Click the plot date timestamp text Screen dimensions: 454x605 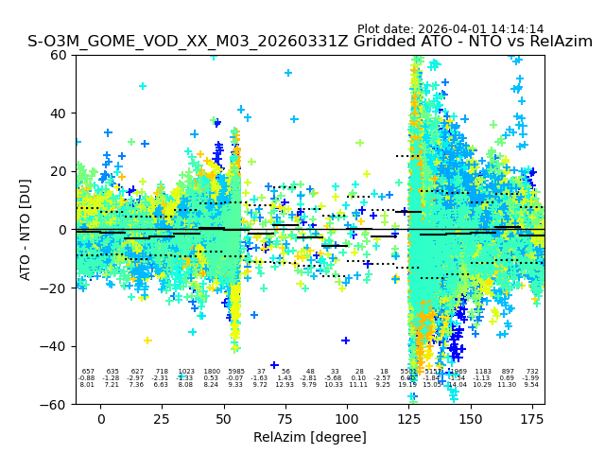pos(450,29)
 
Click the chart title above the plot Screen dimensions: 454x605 pos(310,42)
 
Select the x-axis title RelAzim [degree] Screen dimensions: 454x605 pos(310,437)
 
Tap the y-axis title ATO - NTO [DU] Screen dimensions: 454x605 pos(26,230)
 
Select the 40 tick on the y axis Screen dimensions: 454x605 pos(59,113)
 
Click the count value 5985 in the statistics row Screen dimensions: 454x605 pos(235,372)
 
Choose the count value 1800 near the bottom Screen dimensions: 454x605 pos(211,372)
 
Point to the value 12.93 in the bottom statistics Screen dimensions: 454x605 pos(285,385)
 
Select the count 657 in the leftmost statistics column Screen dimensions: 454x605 pos(88,372)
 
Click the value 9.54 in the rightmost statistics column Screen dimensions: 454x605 pos(532,385)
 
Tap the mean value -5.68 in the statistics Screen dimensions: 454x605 pos(334,378)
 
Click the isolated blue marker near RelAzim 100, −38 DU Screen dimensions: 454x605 pos(346,340)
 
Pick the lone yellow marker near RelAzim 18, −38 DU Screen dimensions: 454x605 pos(147,340)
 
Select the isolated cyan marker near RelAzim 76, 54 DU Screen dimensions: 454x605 pos(288,73)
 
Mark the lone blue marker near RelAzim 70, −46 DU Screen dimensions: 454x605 pos(274,365)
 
